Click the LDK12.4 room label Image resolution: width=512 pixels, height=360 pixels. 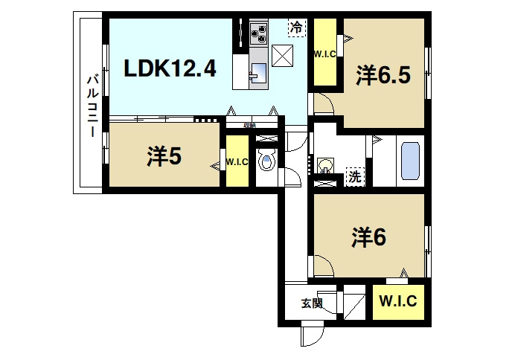(x=170, y=70)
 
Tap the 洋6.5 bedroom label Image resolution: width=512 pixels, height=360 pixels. (x=383, y=76)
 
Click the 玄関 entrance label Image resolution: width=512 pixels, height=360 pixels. (x=312, y=303)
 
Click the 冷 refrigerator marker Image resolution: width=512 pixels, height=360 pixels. (x=296, y=28)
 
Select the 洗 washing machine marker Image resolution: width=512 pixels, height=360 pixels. (x=356, y=177)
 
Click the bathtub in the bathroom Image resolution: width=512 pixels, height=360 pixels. (x=412, y=161)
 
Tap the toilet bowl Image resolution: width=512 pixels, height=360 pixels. (x=266, y=161)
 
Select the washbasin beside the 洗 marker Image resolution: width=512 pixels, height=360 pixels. (x=325, y=164)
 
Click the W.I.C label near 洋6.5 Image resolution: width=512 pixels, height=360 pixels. (x=324, y=54)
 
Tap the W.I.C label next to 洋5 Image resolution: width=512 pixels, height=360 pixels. (x=237, y=161)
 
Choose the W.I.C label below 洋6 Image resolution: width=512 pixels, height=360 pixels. (x=400, y=302)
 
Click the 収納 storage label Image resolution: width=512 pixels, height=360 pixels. (x=249, y=125)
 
